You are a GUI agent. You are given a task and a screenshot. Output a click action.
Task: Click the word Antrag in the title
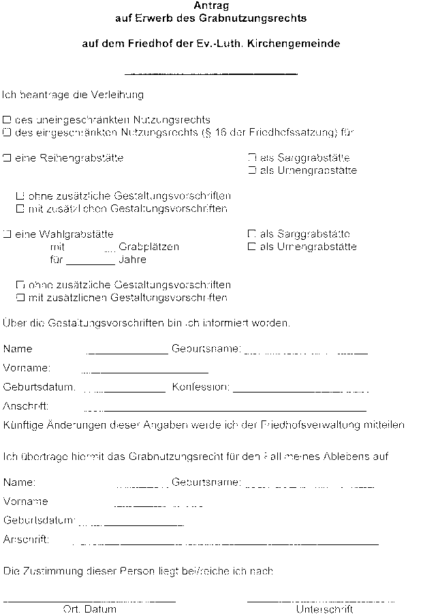[x=211, y=6]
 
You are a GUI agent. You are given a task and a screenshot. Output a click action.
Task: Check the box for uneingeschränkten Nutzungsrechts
[x=7, y=119]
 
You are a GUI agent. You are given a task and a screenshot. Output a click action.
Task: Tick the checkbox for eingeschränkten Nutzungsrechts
[x=7, y=132]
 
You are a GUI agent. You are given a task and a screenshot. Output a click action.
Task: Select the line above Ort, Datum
[x=89, y=600]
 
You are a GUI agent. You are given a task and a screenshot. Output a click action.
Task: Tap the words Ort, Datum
[x=89, y=610]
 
